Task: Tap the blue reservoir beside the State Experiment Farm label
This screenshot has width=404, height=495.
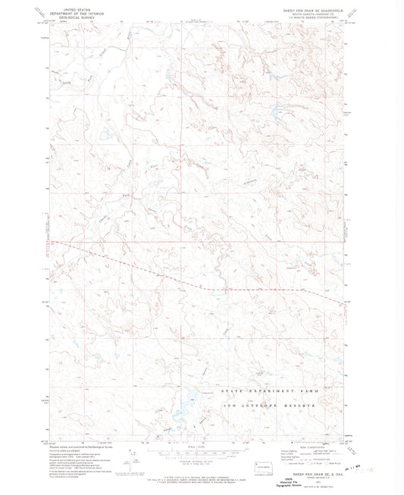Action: point(185,412)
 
